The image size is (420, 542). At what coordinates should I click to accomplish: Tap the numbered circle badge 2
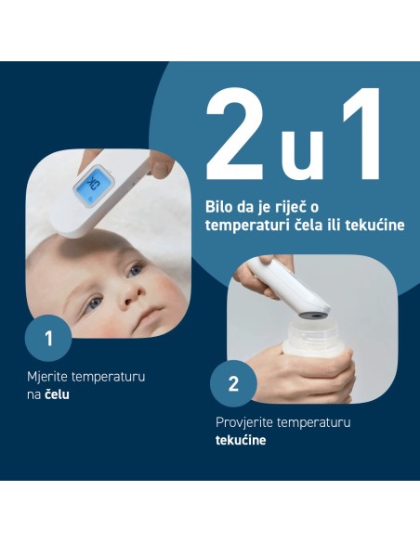(233, 384)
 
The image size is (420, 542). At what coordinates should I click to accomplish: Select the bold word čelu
(57, 394)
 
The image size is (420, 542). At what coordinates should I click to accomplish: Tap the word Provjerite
(237, 422)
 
